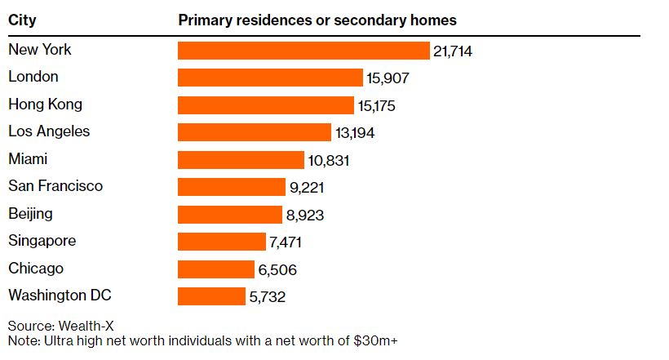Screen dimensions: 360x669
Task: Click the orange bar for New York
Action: (x=303, y=51)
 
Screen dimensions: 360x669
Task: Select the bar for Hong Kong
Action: (x=266, y=105)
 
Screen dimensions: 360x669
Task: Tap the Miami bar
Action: (x=241, y=160)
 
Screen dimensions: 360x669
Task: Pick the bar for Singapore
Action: (x=222, y=242)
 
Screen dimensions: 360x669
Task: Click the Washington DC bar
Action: (x=211, y=296)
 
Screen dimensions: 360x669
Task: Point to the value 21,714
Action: (x=454, y=51)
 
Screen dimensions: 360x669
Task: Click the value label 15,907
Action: (x=387, y=78)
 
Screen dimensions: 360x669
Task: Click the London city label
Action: (x=33, y=77)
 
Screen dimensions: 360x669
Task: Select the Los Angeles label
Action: (x=49, y=131)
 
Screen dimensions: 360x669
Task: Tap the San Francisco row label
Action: (x=55, y=186)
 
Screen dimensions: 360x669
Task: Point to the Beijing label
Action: (x=30, y=214)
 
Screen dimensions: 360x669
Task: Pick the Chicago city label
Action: (x=36, y=269)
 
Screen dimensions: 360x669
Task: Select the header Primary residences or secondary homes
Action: (x=317, y=20)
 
